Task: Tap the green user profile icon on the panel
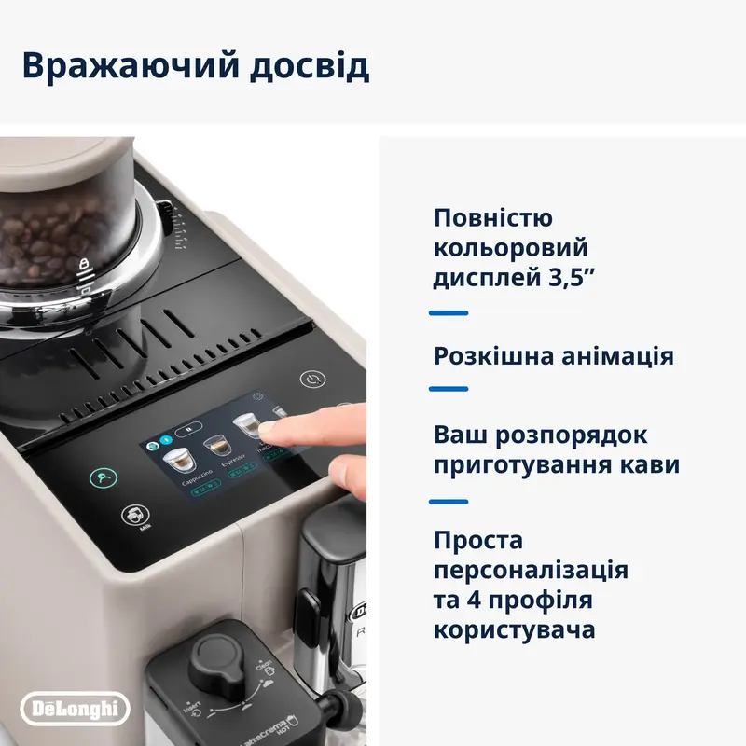[104, 478]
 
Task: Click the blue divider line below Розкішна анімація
[449, 389]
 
